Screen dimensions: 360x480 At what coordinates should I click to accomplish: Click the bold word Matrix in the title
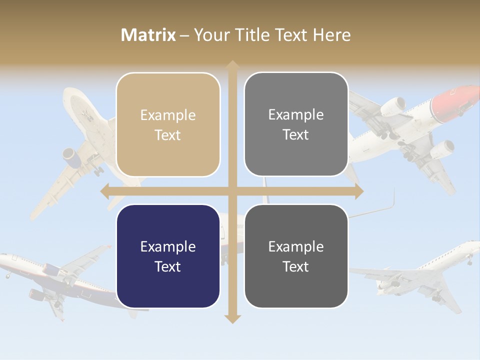pos(148,35)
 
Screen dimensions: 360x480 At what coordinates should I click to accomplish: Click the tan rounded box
pos(168,125)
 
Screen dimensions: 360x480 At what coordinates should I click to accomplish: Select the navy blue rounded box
pos(168,256)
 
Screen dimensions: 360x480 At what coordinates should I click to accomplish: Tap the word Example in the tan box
pos(168,115)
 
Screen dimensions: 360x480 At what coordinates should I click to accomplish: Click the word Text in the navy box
pos(168,266)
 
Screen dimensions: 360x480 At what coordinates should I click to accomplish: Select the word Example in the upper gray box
pos(296,115)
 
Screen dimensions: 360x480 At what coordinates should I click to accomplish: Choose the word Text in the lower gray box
pos(296,266)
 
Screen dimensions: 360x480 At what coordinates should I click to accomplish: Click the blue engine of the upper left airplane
pos(73,156)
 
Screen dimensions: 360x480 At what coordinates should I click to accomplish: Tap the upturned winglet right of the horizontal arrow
pos(392,199)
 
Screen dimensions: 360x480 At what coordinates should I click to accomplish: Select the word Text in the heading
pos(290,35)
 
